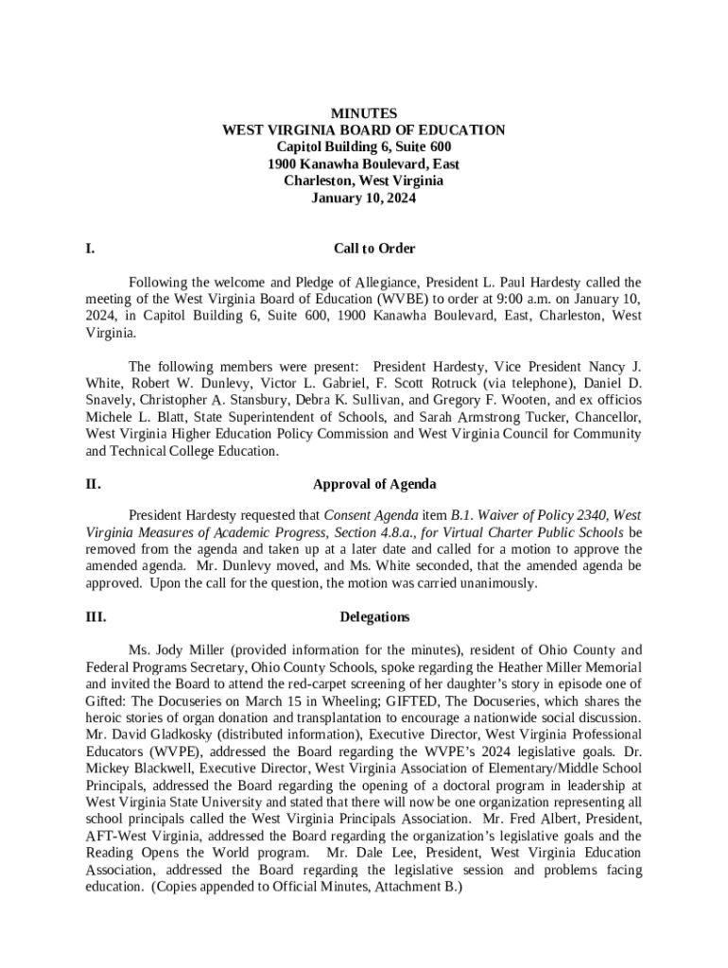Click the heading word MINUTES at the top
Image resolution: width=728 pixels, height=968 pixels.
[364, 113]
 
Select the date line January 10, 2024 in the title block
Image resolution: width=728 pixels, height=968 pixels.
[364, 199]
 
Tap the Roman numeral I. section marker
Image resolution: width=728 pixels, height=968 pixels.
[90, 249]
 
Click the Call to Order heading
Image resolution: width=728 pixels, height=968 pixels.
[374, 249]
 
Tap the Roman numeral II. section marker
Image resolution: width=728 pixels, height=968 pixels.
[93, 484]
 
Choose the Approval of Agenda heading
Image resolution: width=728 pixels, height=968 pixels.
[374, 484]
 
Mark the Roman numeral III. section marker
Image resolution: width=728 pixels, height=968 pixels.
[95, 617]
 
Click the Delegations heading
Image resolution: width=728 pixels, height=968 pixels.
[374, 617]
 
